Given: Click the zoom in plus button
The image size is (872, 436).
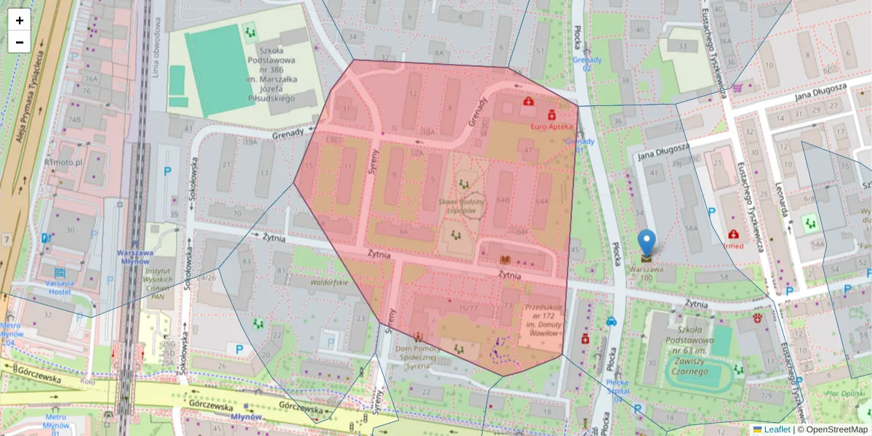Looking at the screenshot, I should (20, 20).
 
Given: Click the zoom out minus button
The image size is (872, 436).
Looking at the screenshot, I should (20, 42).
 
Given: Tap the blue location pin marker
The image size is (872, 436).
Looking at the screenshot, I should (646, 244).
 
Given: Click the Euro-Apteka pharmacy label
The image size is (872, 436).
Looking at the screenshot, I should (552, 126).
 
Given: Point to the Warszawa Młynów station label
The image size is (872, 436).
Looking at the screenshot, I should (138, 259).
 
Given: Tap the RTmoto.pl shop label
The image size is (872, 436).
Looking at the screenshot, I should (63, 164).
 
